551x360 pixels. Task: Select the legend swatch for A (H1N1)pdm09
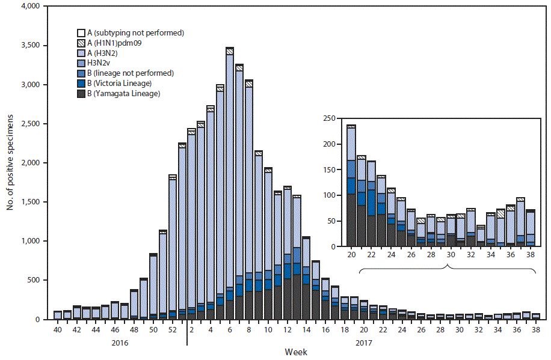(81, 43)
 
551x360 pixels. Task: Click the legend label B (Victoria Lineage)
(120, 84)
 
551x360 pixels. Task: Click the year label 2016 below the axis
(120, 343)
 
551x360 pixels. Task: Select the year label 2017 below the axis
(363, 343)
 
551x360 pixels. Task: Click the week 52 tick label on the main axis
(173, 330)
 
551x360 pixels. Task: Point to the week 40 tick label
(57, 330)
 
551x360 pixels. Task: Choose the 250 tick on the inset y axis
(328, 119)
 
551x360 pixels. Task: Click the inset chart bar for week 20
(351, 187)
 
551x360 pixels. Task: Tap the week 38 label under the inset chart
(531, 255)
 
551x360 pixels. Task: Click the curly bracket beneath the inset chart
(448, 269)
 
